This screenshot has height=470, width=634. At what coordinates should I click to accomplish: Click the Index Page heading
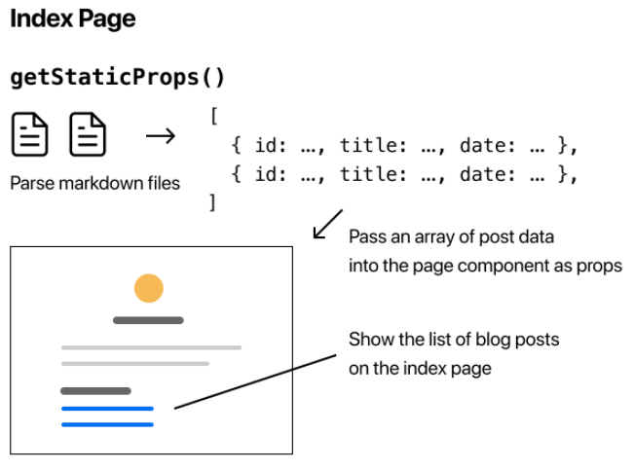pyautogui.click(x=72, y=18)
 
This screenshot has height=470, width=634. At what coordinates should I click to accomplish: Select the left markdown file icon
pyautogui.click(x=29, y=135)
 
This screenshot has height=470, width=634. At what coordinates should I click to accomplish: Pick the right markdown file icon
pyautogui.click(x=87, y=135)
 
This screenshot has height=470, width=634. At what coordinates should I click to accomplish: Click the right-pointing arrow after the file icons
pyautogui.click(x=160, y=135)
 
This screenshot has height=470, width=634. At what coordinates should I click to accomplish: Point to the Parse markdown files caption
pyautogui.click(x=94, y=183)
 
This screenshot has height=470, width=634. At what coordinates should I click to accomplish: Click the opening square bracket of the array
pyautogui.click(x=213, y=116)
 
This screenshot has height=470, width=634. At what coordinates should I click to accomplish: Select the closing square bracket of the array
pyautogui.click(x=211, y=202)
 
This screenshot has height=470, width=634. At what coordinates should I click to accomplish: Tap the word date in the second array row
pyautogui.click(x=483, y=175)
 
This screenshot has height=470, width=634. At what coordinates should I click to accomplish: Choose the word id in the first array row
pyautogui.click(x=266, y=146)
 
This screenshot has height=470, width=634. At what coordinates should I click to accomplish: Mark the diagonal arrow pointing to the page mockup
pyautogui.click(x=327, y=223)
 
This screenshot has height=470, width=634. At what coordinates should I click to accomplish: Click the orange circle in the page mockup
pyautogui.click(x=149, y=288)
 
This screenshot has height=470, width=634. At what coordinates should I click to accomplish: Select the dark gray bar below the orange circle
pyautogui.click(x=148, y=320)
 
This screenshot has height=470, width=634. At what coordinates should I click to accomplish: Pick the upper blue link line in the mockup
pyautogui.click(x=107, y=409)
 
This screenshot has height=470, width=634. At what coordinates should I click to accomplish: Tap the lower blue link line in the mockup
pyautogui.click(x=107, y=424)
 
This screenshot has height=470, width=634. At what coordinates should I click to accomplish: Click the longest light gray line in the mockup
pyautogui.click(x=151, y=347)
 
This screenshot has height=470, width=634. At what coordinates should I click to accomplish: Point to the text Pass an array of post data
pyautogui.click(x=452, y=237)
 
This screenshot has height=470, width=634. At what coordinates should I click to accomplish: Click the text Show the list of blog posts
pyautogui.click(x=454, y=340)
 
